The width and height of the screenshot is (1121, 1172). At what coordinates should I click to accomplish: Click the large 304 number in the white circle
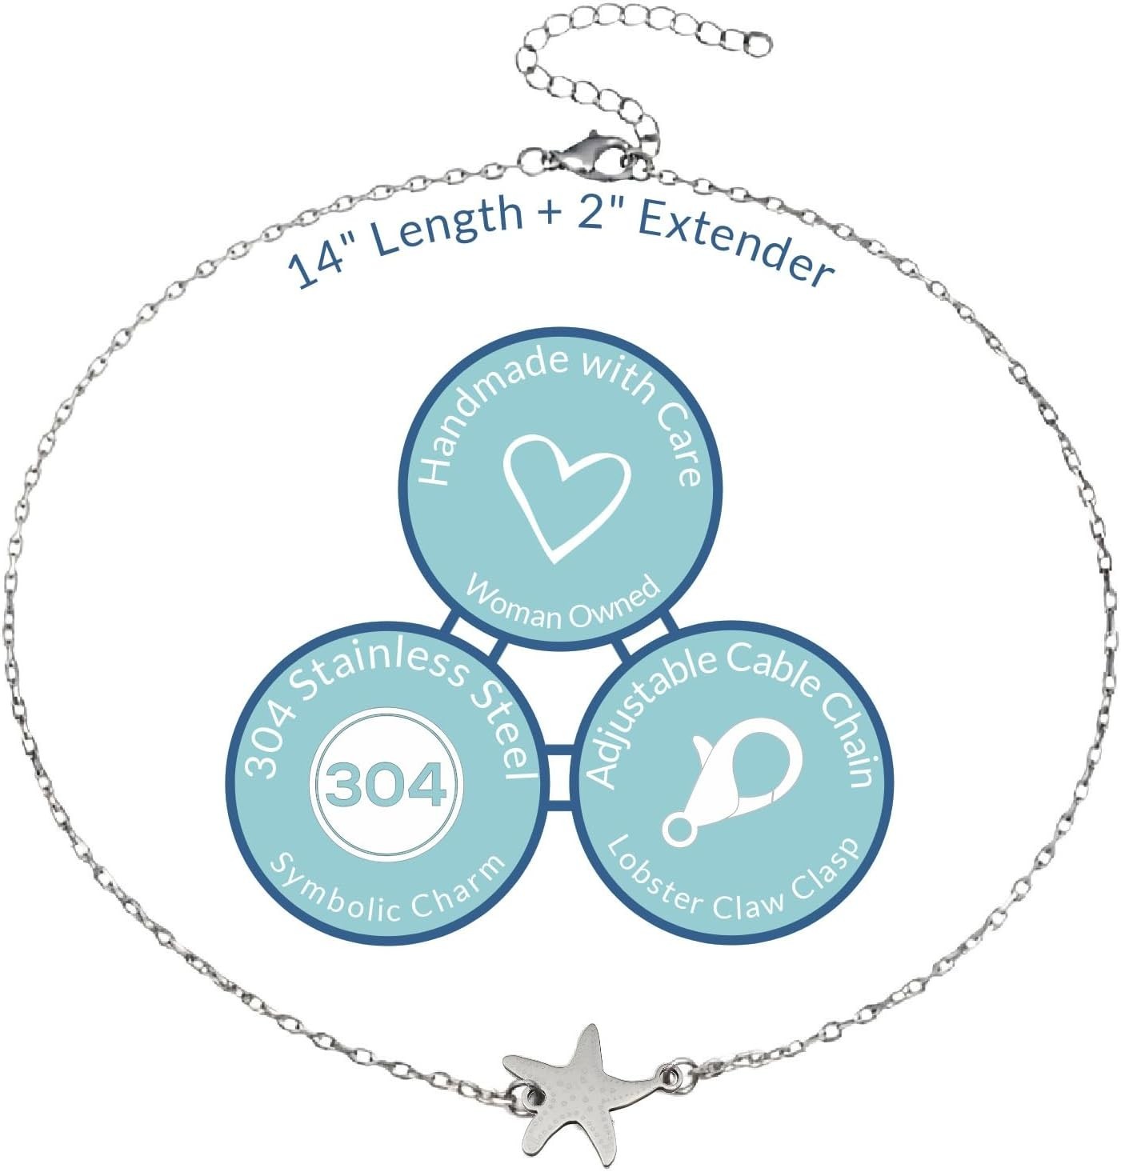point(386,784)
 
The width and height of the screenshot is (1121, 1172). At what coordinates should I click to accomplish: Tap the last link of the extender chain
point(758,46)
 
